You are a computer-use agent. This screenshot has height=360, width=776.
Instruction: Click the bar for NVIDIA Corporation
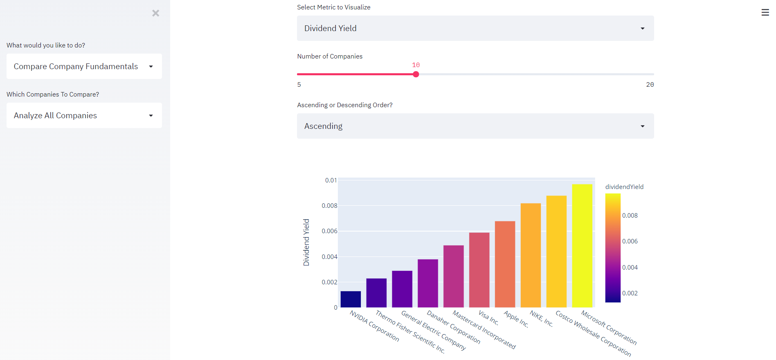pyautogui.click(x=351, y=299)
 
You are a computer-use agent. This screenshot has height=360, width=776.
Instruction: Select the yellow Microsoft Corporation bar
pyautogui.click(x=582, y=245)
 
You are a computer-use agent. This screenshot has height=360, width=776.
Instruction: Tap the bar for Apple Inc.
pyautogui.click(x=505, y=264)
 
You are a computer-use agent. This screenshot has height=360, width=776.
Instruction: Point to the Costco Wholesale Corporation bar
pyautogui.click(x=556, y=251)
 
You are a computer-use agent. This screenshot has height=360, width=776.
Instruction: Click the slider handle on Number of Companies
pyautogui.click(x=416, y=74)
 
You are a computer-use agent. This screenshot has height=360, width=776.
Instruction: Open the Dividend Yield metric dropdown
pyautogui.click(x=475, y=28)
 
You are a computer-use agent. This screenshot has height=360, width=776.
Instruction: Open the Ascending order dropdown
pyautogui.click(x=475, y=126)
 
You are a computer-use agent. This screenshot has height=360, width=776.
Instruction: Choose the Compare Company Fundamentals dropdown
pyautogui.click(x=84, y=66)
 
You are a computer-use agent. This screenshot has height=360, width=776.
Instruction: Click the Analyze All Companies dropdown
pyautogui.click(x=84, y=115)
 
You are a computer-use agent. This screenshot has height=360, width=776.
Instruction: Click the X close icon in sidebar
pyautogui.click(x=155, y=13)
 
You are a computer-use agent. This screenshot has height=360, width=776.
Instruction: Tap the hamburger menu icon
pyautogui.click(x=765, y=13)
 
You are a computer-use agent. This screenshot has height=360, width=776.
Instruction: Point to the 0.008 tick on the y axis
pyautogui.click(x=329, y=206)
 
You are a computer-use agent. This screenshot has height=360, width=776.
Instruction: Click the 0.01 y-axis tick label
pyautogui.click(x=331, y=180)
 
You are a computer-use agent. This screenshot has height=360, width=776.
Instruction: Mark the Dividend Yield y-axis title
pyautogui.click(x=306, y=242)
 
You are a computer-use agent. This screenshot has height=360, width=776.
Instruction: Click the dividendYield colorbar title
pyautogui.click(x=624, y=187)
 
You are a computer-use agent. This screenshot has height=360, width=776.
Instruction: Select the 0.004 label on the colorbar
pyautogui.click(x=630, y=268)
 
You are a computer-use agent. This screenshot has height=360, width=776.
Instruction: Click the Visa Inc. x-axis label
pyautogui.click(x=488, y=318)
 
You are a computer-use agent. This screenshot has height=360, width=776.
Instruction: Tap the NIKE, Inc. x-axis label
pyautogui.click(x=541, y=319)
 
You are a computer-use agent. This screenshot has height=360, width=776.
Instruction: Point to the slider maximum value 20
pyautogui.click(x=650, y=85)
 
